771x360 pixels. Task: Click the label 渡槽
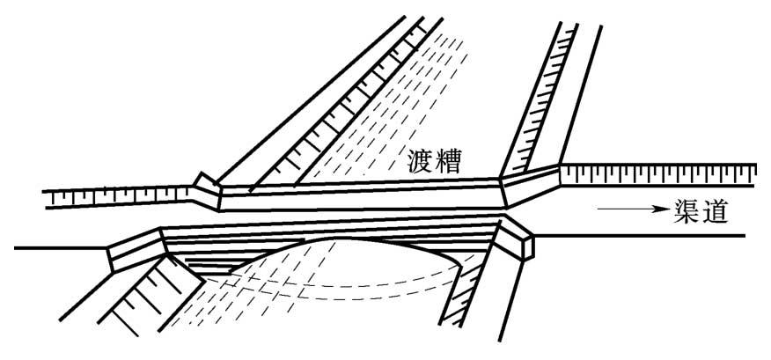coord(437,161)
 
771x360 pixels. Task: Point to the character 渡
coord(422,161)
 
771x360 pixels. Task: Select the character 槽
coord(452,161)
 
